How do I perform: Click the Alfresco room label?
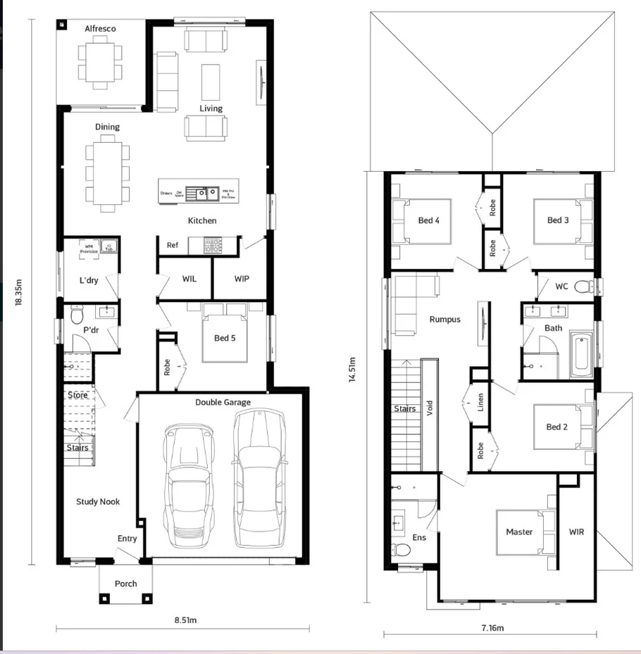tap(100, 29)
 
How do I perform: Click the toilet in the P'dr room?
tap(77, 315)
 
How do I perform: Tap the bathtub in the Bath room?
tap(581, 356)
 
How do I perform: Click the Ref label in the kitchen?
tap(172, 246)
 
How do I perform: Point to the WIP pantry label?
tap(242, 279)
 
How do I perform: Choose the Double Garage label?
tap(223, 403)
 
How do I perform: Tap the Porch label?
tap(126, 584)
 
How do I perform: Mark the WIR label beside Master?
tap(576, 532)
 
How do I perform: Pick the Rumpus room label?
tap(444, 320)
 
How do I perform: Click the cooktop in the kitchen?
tap(211, 244)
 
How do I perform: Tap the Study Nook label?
tap(98, 502)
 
